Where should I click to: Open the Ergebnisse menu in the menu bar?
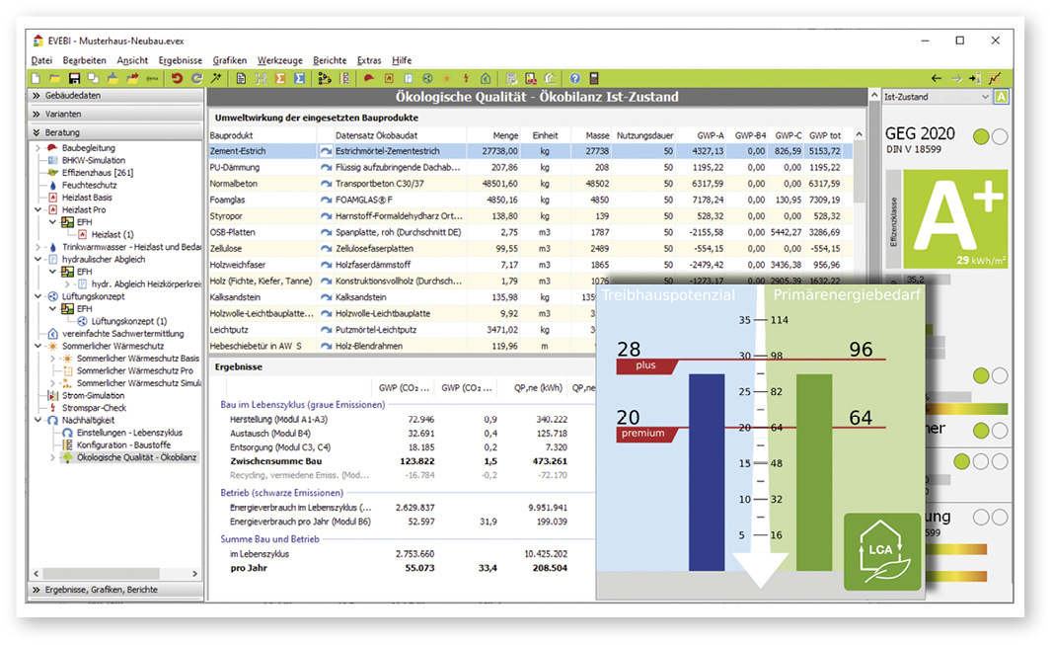pos(180,60)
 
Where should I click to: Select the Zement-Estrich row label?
pos(240,151)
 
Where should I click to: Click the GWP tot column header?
pos(824,134)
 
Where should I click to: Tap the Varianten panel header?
pos(63,114)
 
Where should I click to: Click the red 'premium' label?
pos(642,434)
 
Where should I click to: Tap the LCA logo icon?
pos(881,551)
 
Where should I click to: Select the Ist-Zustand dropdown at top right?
pos(936,97)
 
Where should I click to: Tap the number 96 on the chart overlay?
pos(860,350)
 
